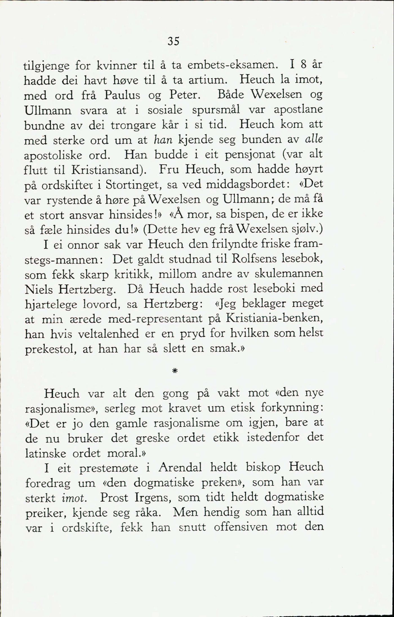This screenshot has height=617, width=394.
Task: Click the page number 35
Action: [173, 41]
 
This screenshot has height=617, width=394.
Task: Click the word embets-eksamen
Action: [233, 65]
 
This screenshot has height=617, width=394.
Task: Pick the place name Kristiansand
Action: [111, 170]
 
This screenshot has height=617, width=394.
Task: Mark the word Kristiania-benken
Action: [274, 319]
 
